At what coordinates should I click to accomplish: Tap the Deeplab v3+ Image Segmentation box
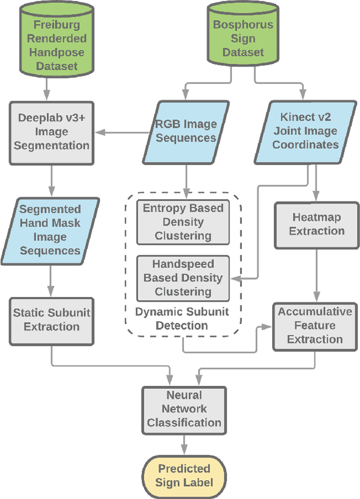point(52,132)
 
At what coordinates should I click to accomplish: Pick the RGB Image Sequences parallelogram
point(186,131)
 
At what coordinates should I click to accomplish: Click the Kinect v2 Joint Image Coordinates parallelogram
point(306,131)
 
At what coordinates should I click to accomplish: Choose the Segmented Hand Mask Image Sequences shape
point(51,230)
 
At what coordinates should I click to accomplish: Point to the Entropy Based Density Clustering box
point(183,222)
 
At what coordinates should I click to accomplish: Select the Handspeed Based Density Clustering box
point(183,278)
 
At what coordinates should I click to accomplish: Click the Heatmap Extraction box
point(317,224)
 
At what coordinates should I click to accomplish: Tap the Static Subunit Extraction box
point(52,320)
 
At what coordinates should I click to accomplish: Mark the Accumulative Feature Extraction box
point(315,325)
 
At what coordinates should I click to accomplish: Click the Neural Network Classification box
point(184,409)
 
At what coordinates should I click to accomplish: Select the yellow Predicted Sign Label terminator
point(184,476)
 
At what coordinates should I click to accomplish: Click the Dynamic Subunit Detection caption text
point(183,318)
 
